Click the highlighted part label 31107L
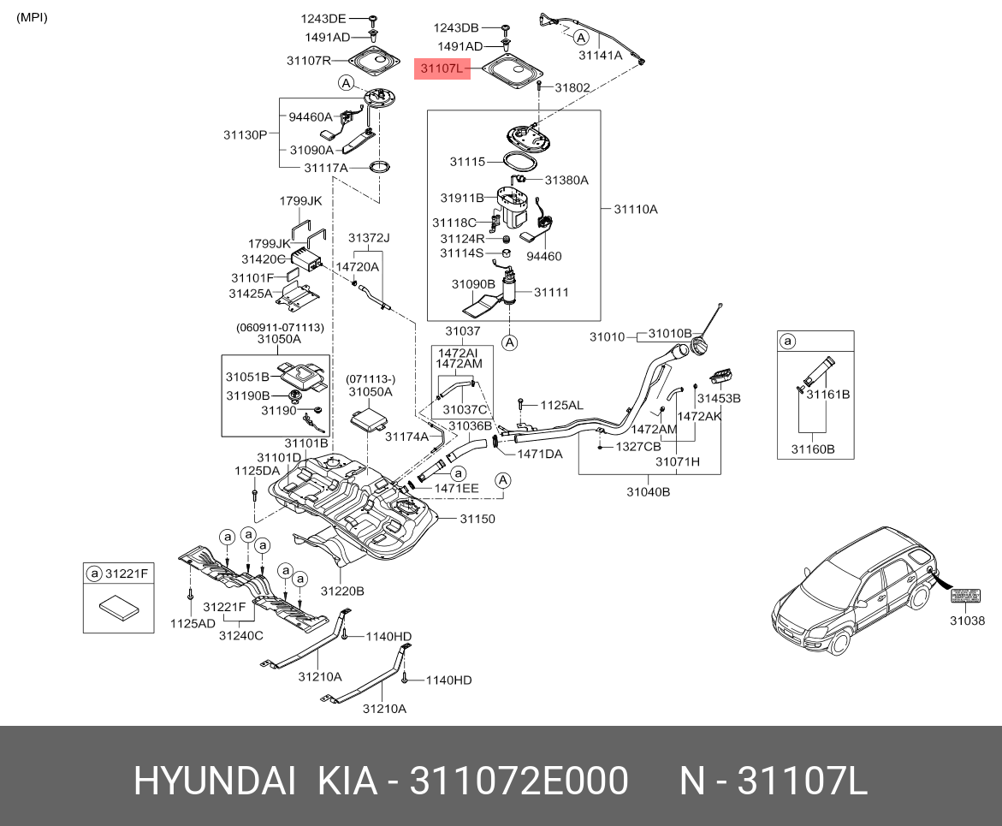click(x=442, y=68)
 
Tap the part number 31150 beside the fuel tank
click(x=477, y=519)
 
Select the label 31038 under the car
click(x=967, y=621)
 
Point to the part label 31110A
click(x=635, y=208)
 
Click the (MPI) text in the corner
click(x=33, y=17)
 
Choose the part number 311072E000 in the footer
click(x=519, y=781)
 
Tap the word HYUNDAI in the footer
click(x=215, y=781)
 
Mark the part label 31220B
click(x=342, y=591)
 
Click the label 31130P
click(x=246, y=134)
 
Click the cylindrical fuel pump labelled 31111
click(x=509, y=289)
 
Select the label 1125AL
click(x=560, y=404)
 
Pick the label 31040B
click(x=648, y=491)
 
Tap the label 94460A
click(x=310, y=116)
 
